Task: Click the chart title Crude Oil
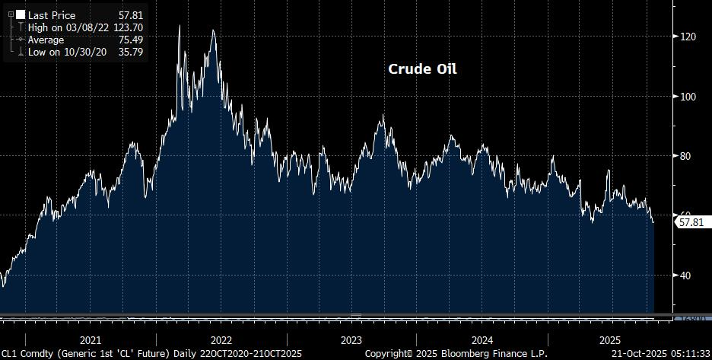click(x=423, y=69)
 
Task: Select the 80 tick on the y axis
click(x=688, y=156)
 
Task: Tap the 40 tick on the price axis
click(x=688, y=276)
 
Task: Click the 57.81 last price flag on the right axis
click(x=691, y=222)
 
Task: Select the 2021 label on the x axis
click(x=91, y=340)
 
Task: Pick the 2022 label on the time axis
click(x=221, y=340)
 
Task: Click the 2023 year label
click(x=351, y=340)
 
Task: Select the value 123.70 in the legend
click(x=127, y=27)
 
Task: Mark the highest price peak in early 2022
click(x=180, y=26)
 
